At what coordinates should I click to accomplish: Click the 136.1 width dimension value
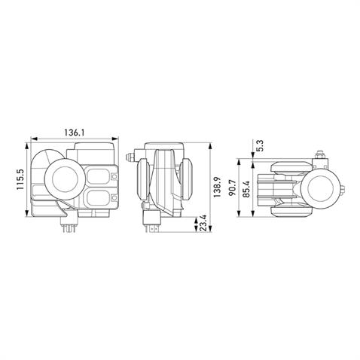click(72, 133)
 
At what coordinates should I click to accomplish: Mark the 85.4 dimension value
click(246, 188)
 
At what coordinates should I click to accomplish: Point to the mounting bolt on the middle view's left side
click(133, 157)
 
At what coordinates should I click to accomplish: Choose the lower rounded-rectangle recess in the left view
click(98, 199)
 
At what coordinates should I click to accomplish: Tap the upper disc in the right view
click(287, 168)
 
